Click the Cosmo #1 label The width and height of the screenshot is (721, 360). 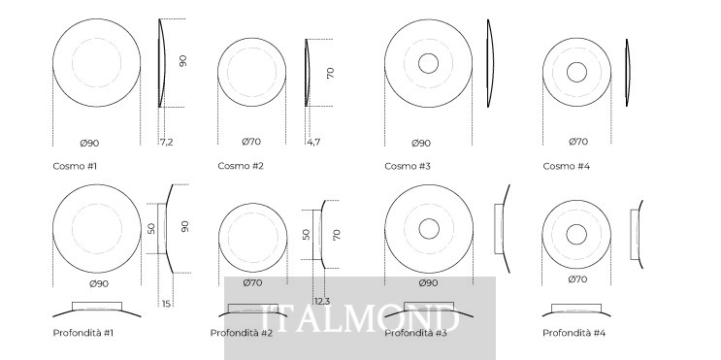(x=75, y=166)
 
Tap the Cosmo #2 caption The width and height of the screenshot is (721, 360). (x=241, y=166)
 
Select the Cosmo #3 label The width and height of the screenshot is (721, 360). (x=408, y=166)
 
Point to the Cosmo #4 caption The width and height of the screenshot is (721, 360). (x=566, y=166)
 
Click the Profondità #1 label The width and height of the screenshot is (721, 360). (x=83, y=333)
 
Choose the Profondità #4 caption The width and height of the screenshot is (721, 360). (x=574, y=333)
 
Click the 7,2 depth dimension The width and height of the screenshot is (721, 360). (x=167, y=142)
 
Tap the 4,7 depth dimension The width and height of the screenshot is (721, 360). (x=313, y=142)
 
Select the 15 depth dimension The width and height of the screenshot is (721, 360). (x=166, y=304)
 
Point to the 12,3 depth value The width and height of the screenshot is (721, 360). (x=322, y=302)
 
